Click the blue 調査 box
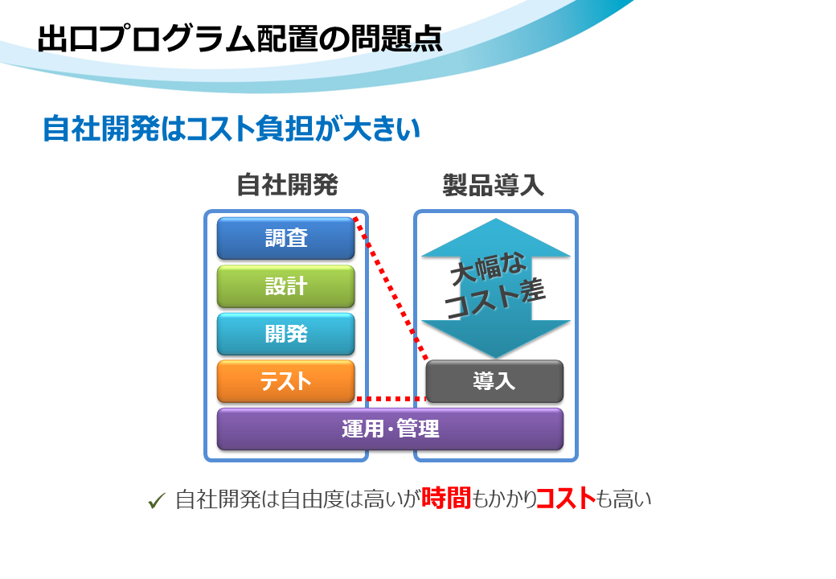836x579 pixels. pyautogui.click(x=286, y=238)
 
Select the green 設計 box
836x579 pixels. pyautogui.click(x=286, y=286)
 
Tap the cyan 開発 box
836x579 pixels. pyautogui.click(x=286, y=335)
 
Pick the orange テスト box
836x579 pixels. pyautogui.click(x=286, y=382)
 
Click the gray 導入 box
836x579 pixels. pyautogui.click(x=494, y=382)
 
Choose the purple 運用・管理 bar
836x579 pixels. pyautogui.click(x=391, y=429)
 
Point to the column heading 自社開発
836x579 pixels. pyautogui.click(x=288, y=185)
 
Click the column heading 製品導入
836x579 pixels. pyautogui.click(x=494, y=185)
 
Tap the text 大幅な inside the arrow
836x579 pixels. pyautogui.click(x=488, y=268)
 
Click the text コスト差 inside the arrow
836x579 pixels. pyautogui.click(x=495, y=299)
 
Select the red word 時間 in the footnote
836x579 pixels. pyautogui.click(x=445, y=498)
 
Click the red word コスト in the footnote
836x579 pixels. pyautogui.click(x=566, y=498)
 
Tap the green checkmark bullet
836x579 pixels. pyautogui.click(x=157, y=501)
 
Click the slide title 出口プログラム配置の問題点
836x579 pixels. pyautogui.click(x=240, y=39)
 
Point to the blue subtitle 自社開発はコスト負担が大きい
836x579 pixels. pyautogui.click(x=232, y=129)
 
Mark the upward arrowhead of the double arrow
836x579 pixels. pyautogui.click(x=496, y=238)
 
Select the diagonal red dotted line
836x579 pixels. pyautogui.click(x=391, y=289)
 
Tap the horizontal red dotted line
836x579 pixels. pyautogui.click(x=391, y=399)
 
